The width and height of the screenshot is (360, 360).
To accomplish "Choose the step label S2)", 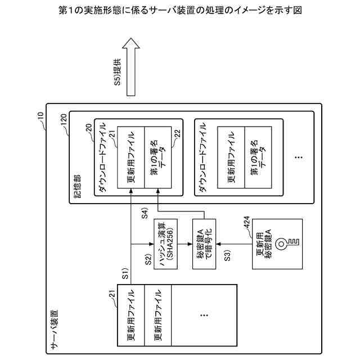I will [148, 259].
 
